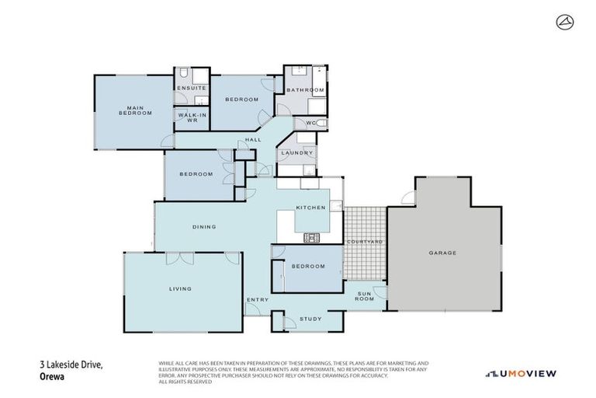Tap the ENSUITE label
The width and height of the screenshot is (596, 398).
(191, 89)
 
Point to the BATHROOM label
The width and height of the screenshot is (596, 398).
(304, 90)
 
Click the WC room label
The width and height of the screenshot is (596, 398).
(310, 123)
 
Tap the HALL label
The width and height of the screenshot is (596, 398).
(252, 140)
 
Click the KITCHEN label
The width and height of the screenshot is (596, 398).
(310, 208)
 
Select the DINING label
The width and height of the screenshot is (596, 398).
(204, 226)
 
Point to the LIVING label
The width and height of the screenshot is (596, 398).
(180, 288)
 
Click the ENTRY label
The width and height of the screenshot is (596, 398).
(257, 299)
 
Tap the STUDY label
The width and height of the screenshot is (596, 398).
(310, 319)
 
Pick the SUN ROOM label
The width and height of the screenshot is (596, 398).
(365, 296)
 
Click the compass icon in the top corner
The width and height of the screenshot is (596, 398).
(563, 23)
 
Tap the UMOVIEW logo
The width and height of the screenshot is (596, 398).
(521, 373)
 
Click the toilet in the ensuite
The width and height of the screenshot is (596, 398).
(182, 75)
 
